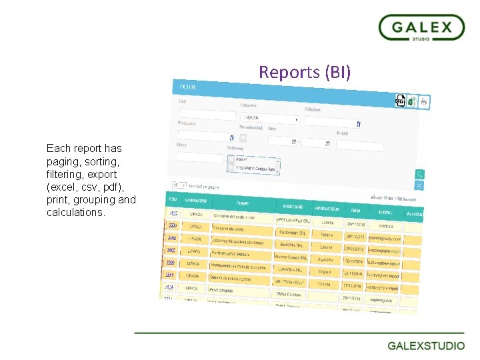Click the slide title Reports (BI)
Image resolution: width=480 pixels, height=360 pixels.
[x=304, y=72]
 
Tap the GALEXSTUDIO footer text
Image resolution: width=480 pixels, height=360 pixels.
[x=426, y=345]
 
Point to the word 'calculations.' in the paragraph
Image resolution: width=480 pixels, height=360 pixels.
[x=76, y=213]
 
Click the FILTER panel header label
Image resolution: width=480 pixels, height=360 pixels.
[x=188, y=87]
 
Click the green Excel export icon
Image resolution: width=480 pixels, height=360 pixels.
[x=412, y=101]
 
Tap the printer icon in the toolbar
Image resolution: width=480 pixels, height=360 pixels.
[x=424, y=102]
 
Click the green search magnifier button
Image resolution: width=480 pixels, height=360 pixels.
[x=419, y=174]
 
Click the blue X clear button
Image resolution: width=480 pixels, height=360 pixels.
[x=419, y=185]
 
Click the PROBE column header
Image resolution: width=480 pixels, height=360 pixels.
[x=243, y=203]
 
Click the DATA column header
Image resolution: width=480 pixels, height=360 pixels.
[x=354, y=211]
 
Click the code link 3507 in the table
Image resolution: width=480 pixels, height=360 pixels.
[x=171, y=250]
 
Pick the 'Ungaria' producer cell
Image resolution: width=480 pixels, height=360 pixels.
[x=325, y=273]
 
